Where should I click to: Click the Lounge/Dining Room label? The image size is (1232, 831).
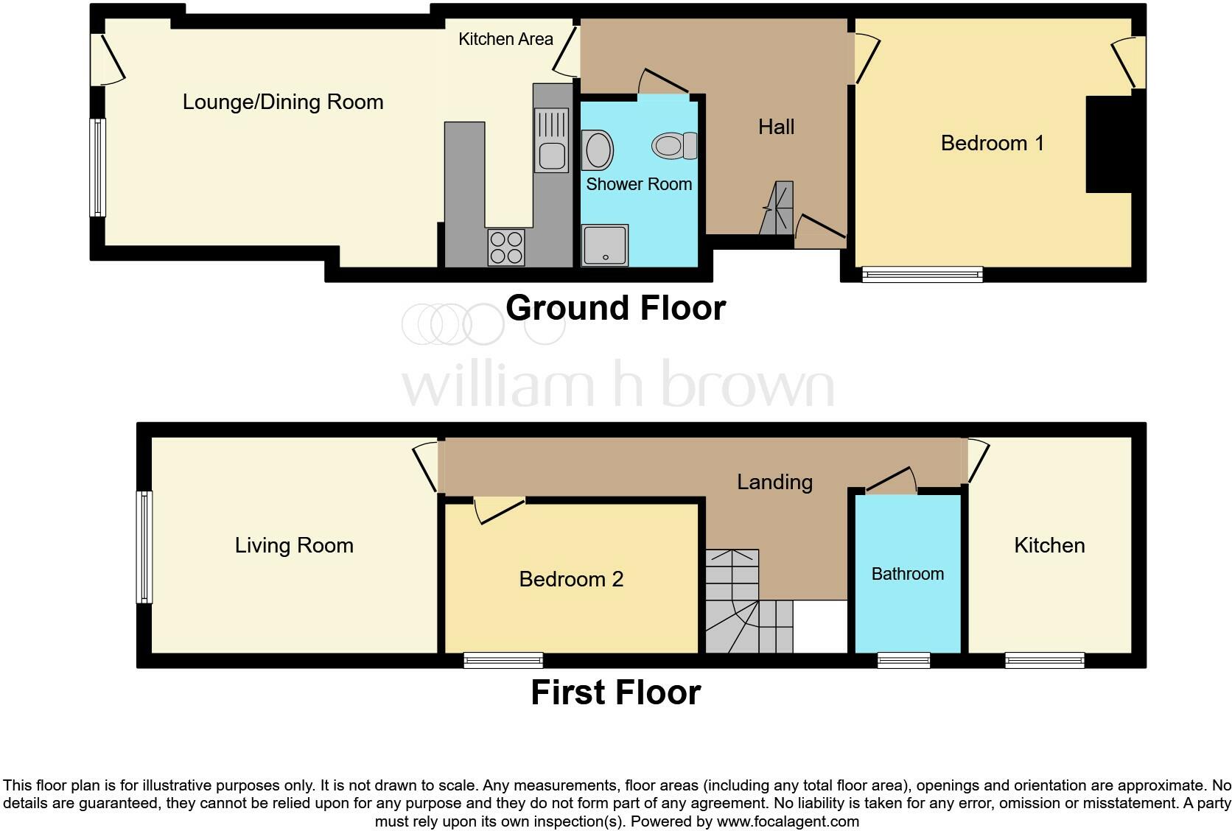(283, 102)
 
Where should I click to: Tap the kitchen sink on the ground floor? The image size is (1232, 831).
(551, 140)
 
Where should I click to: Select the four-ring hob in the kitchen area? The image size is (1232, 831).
(506, 247)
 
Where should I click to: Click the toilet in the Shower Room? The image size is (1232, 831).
(673, 145)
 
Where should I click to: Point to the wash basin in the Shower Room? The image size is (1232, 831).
(598, 150)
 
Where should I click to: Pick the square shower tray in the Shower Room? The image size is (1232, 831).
(604, 245)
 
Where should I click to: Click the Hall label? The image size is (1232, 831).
(776, 127)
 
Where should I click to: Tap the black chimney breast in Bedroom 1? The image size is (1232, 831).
(1108, 144)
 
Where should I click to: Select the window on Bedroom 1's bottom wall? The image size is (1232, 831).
(922, 275)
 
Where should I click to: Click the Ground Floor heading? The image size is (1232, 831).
(615, 308)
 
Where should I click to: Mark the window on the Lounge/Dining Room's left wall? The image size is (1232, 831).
(97, 167)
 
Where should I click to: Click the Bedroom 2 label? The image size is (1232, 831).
(571, 579)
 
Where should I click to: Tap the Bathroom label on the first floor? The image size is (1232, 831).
(907, 574)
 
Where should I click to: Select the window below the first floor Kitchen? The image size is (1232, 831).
(1044, 660)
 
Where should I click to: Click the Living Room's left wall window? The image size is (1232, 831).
(144, 547)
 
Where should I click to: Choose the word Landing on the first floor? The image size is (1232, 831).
(774, 482)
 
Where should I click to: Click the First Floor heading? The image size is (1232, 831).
(615, 693)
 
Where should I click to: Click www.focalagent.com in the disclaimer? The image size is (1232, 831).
(787, 821)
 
